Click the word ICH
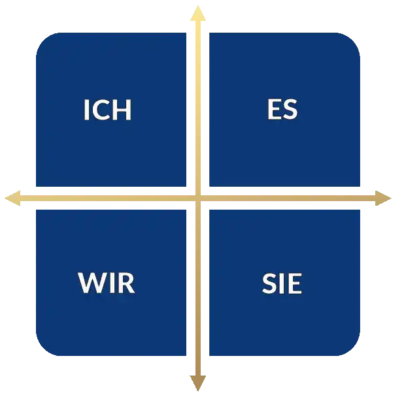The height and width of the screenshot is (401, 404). click(x=108, y=110)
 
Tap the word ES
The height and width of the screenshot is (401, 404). click(x=282, y=110)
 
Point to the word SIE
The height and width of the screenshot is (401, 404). click(x=282, y=283)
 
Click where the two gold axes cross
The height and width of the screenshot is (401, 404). click(x=197, y=197)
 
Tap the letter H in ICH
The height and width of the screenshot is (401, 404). click(x=122, y=110)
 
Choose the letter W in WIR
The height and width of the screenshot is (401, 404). click(x=92, y=283)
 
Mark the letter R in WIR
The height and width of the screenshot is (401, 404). click(x=126, y=283)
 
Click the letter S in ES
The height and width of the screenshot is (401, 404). click(x=290, y=110)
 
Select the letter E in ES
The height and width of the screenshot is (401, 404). click(x=275, y=110)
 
